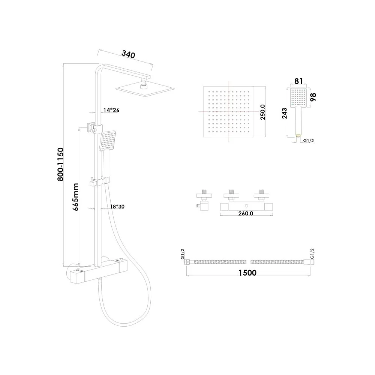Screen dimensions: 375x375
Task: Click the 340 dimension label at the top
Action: (128, 54)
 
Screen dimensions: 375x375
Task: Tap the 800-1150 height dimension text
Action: (60, 164)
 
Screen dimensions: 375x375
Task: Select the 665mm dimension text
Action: (76, 197)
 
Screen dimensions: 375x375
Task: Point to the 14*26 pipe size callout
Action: (111, 110)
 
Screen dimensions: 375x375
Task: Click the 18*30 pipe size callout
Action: (117, 206)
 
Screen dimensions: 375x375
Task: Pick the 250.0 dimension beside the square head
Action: (262, 112)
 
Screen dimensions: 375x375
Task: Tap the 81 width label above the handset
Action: (298, 81)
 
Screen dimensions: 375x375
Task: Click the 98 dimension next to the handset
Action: (313, 97)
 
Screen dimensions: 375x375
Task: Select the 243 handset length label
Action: (284, 113)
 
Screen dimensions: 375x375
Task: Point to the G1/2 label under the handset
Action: (309, 141)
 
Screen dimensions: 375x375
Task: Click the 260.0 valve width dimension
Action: (246, 213)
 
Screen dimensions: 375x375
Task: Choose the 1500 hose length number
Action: (247, 273)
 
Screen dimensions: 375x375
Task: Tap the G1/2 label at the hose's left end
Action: (183, 254)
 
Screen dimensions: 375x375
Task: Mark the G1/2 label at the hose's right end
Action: (312, 254)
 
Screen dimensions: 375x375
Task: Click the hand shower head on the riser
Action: (107, 141)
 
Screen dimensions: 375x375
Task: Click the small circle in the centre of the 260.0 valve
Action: (246, 206)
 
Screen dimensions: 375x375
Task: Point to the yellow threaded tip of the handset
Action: (298, 135)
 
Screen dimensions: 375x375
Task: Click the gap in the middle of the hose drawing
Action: (248, 262)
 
